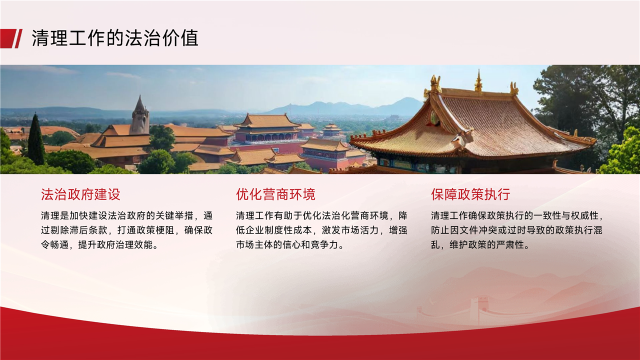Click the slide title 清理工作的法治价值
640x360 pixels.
115,38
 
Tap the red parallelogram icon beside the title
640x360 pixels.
11,38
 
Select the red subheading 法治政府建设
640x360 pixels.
80,194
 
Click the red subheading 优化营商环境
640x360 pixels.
275,194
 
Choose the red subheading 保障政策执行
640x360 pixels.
470,194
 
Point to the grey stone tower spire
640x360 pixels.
140,115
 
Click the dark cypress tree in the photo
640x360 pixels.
36,139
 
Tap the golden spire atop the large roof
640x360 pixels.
478,81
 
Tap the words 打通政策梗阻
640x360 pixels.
145,230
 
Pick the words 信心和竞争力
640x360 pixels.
310,245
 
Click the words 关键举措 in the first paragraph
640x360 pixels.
174,215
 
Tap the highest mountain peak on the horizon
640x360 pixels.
406,99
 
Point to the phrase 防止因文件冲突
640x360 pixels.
464,230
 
